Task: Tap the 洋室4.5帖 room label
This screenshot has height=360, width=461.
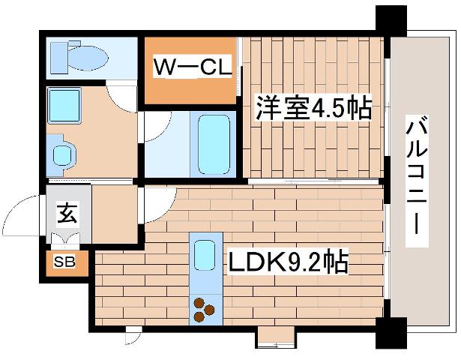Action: (313, 109)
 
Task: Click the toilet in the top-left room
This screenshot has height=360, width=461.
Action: (78, 55)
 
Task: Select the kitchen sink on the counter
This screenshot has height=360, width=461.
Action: (204, 256)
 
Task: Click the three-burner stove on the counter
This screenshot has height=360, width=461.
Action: (203, 309)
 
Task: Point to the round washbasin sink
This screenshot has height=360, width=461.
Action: (64, 154)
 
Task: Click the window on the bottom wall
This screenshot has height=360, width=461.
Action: (277, 337)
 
